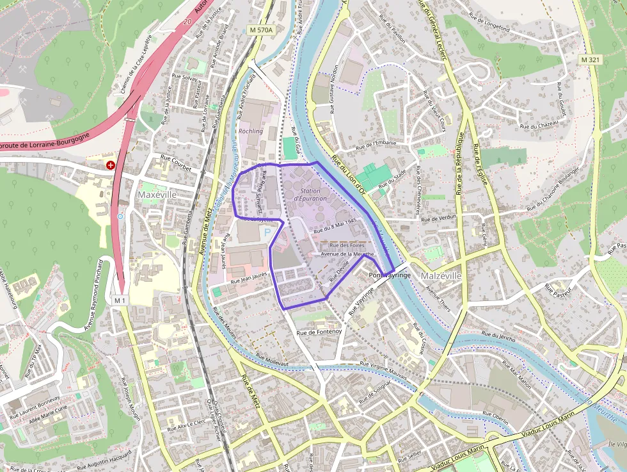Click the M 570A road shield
pos(260,30)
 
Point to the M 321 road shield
pos(592,59)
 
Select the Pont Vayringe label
pos(390,274)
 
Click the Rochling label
pos(250,131)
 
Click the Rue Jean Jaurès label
pos(249,278)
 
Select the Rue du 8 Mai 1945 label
pos(335,225)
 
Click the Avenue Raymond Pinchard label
pos(92,296)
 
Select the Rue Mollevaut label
pos(272,359)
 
